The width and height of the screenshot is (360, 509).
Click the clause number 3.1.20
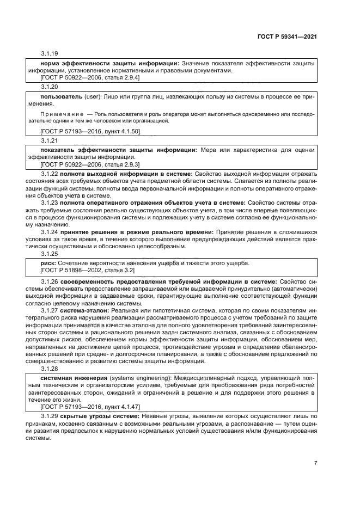coord(50,87)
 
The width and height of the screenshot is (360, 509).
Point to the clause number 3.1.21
coord(50,140)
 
